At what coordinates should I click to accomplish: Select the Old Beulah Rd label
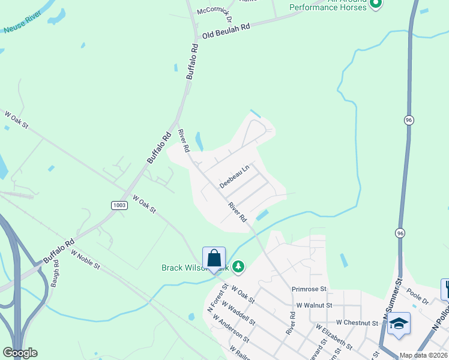pyautogui.click(x=226, y=35)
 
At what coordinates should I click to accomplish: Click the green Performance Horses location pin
pyautogui.click(x=376, y=5)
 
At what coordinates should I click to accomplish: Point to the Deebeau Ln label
pyautogui.click(x=234, y=178)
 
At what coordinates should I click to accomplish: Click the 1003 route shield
pyautogui.click(x=119, y=205)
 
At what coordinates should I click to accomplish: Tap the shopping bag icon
pyautogui.click(x=214, y=259)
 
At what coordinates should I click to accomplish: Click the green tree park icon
pyautogui.click(x=238, y=266)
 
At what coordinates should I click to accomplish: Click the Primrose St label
pyautogui.click(x=309, y=289)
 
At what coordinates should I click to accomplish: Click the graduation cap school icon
pyautogui.click(x=399, y=324)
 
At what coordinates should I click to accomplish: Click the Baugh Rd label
pyautogui.click(x=56, y=277)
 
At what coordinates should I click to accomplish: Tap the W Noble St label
pyautogui.click(x=85, y=260)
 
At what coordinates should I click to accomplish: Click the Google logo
pyautogui.click(x=20, y=353)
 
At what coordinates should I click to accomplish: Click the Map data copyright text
pyautogui.click(x=424, y=355)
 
